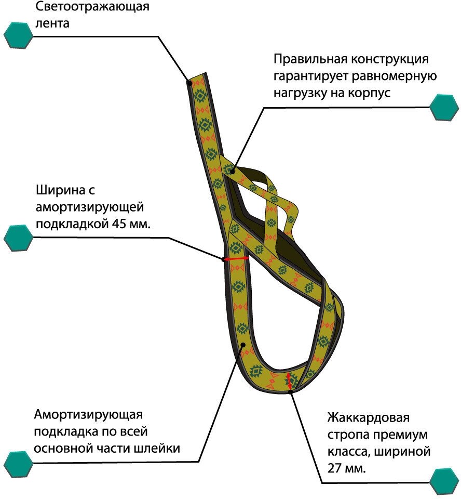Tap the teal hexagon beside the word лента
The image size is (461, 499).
(x=18, y=35)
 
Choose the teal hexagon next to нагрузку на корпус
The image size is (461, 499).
(x=444, y=107)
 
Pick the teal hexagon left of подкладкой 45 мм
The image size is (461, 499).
(x=18, y=238)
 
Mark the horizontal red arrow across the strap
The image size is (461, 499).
(x=236, y=258)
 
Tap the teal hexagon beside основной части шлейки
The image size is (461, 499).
(x=18, y=464)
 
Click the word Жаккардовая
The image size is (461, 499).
(x=369, y=417)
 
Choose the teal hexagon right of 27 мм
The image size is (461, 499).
(x=444, y=481)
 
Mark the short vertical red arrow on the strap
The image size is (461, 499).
(x=290, y=380)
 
